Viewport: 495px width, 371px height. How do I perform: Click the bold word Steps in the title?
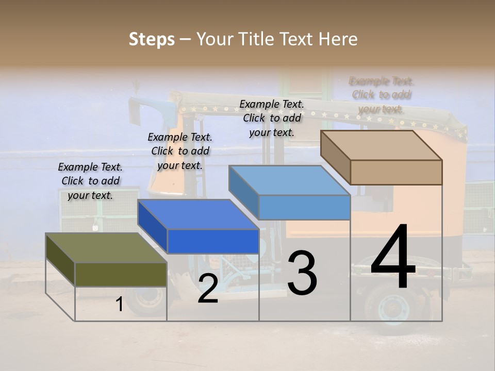click(x=152, y=39)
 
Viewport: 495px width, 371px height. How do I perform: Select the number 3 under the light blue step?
click(x=302, y=273)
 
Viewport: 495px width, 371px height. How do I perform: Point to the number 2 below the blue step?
click(x=208, y=289)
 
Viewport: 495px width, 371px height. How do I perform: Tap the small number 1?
click(x=119, y=305)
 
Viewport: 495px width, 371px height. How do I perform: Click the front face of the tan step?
click(x=396, y=172)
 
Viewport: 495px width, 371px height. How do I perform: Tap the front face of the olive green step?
click(x=121, y=274)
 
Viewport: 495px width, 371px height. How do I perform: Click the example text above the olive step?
click(x=90, y=181)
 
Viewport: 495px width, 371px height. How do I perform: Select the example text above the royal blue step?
click(x=180, y=151)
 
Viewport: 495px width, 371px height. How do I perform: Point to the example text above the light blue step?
click(x=272, y=118)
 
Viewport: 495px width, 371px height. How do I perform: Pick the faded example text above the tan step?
click(x=382, y=95)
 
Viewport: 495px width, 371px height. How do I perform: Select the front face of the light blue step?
click(x=304, y=207)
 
